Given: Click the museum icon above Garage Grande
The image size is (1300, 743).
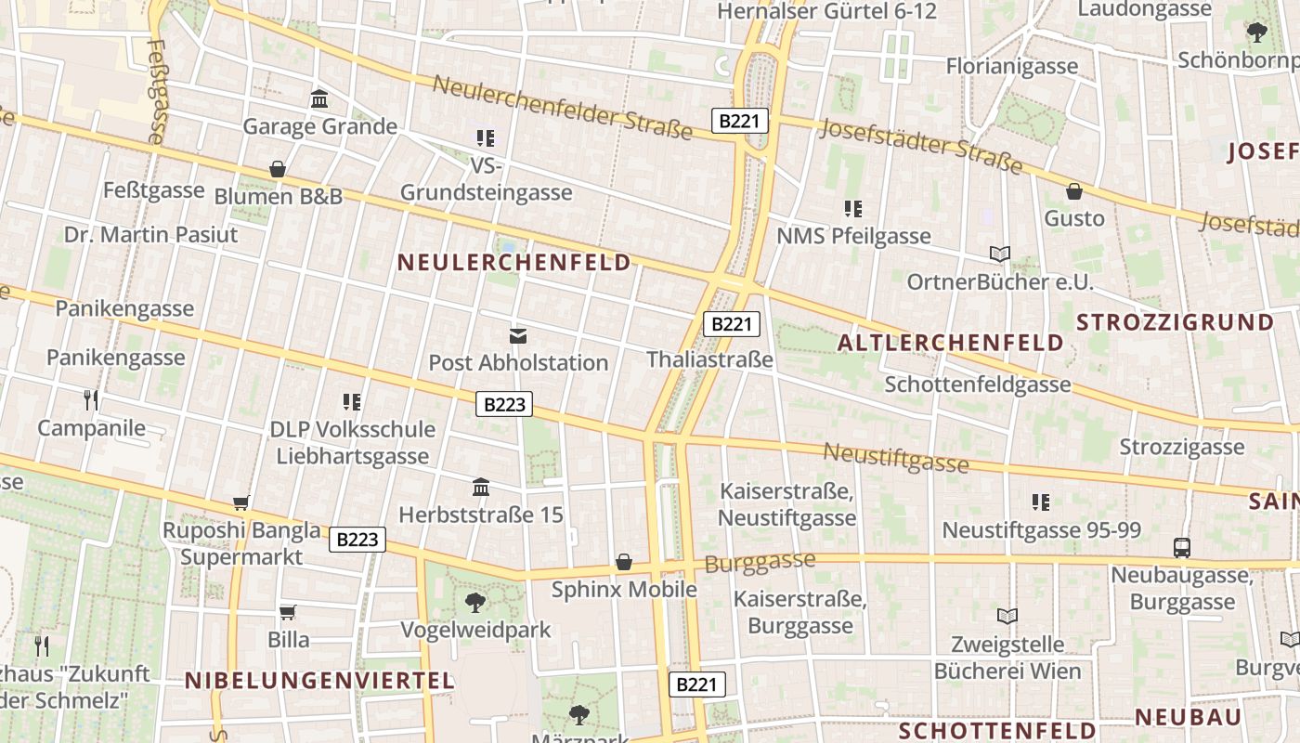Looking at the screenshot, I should tap(319, 98).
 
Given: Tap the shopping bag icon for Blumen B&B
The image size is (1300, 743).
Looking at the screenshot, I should tap(277, 169).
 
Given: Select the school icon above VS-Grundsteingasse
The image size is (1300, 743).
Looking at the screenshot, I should tap(486, 138).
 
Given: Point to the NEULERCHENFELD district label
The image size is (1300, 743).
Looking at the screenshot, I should tap(514, 263).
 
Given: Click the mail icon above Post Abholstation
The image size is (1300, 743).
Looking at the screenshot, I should tap(517, 335).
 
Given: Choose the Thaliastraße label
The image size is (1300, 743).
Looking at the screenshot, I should tap(709, 359).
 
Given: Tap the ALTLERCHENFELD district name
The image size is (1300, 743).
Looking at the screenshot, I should tap(950, 343).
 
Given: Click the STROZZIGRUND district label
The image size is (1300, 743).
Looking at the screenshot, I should tap(1175, 322).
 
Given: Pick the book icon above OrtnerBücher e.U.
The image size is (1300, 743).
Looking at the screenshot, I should tap(1000, 254).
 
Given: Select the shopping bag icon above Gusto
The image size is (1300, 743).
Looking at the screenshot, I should tap(1074, 191).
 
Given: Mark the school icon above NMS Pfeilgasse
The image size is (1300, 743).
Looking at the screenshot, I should tap(853, 209).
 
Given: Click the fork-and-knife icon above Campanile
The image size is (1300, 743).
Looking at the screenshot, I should tap(91, 400).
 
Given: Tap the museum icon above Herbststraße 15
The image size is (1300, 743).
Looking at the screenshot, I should tap(481, 487).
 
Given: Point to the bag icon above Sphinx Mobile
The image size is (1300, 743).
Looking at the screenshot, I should tap(624, 562).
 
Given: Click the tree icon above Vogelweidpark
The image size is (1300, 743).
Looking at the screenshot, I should tap(475, 603).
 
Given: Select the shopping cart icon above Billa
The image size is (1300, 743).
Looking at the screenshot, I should tap(288, 612).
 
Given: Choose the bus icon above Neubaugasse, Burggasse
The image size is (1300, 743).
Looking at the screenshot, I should tap(1181, 548).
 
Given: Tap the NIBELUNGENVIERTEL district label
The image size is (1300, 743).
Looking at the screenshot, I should tap(319, 681).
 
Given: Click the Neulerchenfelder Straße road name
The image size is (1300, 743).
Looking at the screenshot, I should tap(563, 108).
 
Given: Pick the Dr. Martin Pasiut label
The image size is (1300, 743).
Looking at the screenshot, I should tap(151, 234).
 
